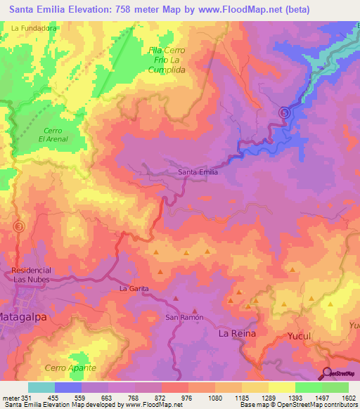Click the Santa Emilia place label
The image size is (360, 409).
click(x=198, y=171)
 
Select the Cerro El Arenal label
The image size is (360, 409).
click(x=51, y=135)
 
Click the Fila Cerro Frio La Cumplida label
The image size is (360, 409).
click(x=167, y=60)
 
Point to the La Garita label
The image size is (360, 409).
click(x=133, y=288)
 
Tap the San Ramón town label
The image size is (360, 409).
click(x=184, y=317)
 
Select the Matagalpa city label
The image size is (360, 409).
click(x=21, y=316)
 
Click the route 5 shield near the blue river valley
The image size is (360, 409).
click(x=284, y=112)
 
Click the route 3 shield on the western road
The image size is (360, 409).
click(x=19, y=226)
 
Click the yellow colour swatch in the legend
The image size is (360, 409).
click(x=281, y=387)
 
